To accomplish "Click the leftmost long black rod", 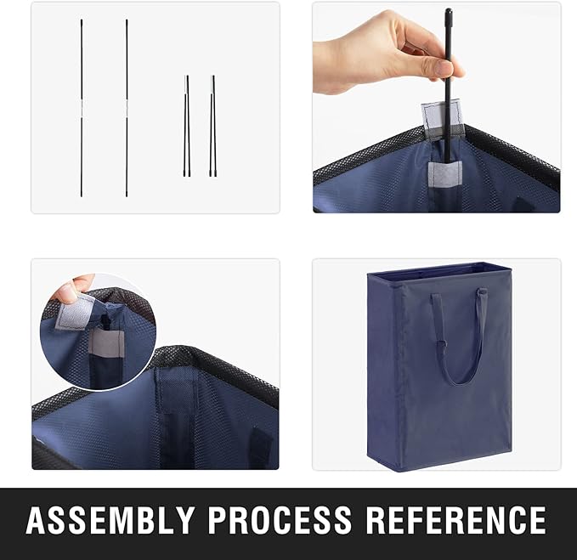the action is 82,108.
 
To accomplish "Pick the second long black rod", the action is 127,108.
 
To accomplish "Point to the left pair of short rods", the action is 187,126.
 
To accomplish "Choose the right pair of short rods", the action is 213,126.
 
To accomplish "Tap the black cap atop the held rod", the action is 448,14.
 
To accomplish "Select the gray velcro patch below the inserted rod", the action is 445,174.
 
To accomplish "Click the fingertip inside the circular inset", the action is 66,293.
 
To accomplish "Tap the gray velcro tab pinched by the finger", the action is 75,312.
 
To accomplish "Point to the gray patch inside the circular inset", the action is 107,343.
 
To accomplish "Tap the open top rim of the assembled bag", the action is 439,269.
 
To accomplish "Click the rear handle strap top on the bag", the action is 483,291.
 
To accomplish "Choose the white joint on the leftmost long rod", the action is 82,108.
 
